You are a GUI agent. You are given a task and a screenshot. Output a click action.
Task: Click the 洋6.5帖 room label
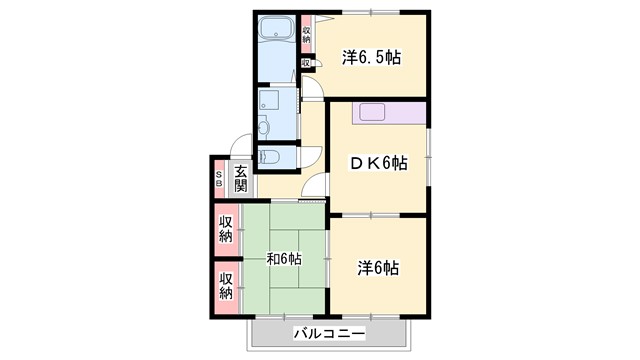tap(371, 57)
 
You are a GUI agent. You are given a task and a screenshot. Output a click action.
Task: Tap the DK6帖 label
tap(377, 163)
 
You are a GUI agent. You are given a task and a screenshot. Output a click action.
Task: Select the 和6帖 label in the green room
tap(284, 259)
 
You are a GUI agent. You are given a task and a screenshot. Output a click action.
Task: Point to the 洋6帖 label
tap(379, 267)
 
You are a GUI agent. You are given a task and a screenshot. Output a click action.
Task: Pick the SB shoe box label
tap(219, 179)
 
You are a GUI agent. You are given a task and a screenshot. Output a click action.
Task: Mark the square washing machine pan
tap(270, 99)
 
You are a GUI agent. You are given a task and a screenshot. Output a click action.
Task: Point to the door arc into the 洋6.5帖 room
tap(314, 88)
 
